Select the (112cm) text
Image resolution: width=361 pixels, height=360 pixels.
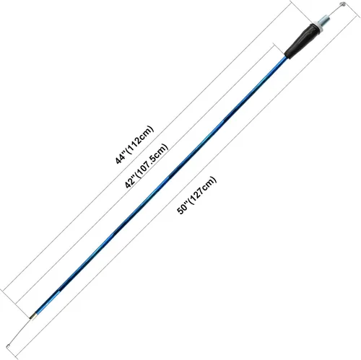(x=139, y=139)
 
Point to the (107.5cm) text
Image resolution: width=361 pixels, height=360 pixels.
(x=151, y=161)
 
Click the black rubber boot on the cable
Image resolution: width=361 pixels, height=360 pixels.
(x=300, y=40)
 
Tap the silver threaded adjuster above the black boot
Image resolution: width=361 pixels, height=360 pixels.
(x=324, y=21)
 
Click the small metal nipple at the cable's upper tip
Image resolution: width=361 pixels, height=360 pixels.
(x=342, y=4)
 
